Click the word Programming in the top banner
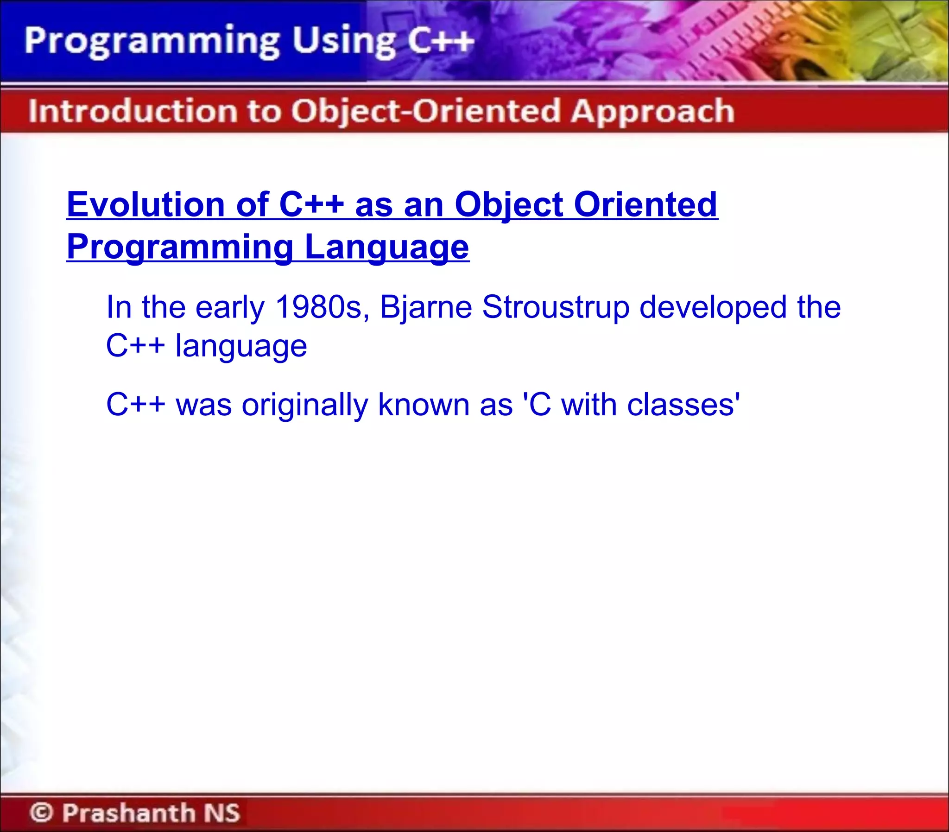coord(152,42)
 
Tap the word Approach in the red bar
coord(652,111)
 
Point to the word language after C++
coord(241,346)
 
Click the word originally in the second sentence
coord(305,404)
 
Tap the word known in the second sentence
coord(423,404)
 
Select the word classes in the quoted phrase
coord(680,404)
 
